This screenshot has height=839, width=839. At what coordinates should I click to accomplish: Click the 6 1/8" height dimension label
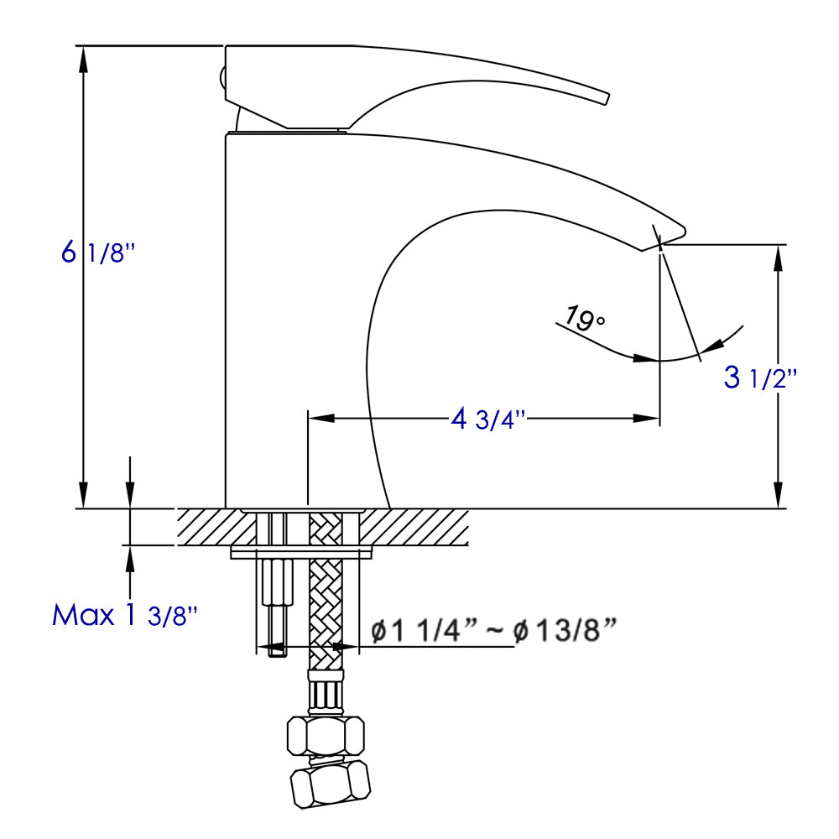[97, 252]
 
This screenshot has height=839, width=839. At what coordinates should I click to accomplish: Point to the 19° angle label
[584, 319]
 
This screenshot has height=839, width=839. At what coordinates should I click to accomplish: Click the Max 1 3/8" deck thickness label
[125, 616]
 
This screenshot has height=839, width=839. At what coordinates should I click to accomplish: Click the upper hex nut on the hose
[326, 736]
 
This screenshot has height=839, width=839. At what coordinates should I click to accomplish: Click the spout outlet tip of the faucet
[663, 239]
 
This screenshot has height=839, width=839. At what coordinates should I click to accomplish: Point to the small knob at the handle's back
[222, 78]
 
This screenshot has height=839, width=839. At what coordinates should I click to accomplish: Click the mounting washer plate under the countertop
[302, 553]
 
